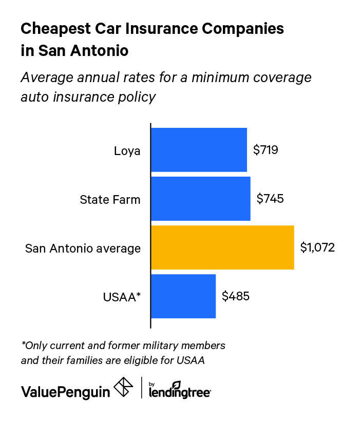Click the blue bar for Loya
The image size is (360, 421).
pyautogui.click(x=199, y=150)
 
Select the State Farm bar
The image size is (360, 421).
pyautogui.click(x=200, y=199)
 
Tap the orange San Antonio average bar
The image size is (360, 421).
pyautogui.click(x=222, y=247)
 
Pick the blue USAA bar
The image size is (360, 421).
pyautogui.click(x=183, y=296)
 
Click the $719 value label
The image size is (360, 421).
pyautogui.click(x=266, y=150)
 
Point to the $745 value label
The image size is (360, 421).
pyautogui.click(x=270, y=199)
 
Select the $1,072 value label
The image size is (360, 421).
pyautogui.click(x=317, y=247)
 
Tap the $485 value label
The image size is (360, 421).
pyautogui.click(x=236, y=296)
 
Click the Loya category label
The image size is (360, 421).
pyautogui.click(x=127, y=151)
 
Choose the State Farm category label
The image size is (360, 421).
pyautogui.click(x=110, y=199)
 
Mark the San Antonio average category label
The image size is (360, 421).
pyautogui.click(x=83, y=248)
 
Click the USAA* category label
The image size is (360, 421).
pyautogui.click(x=122, y=297)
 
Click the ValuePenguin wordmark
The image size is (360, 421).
pyautogui.click(x=65, y=391)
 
